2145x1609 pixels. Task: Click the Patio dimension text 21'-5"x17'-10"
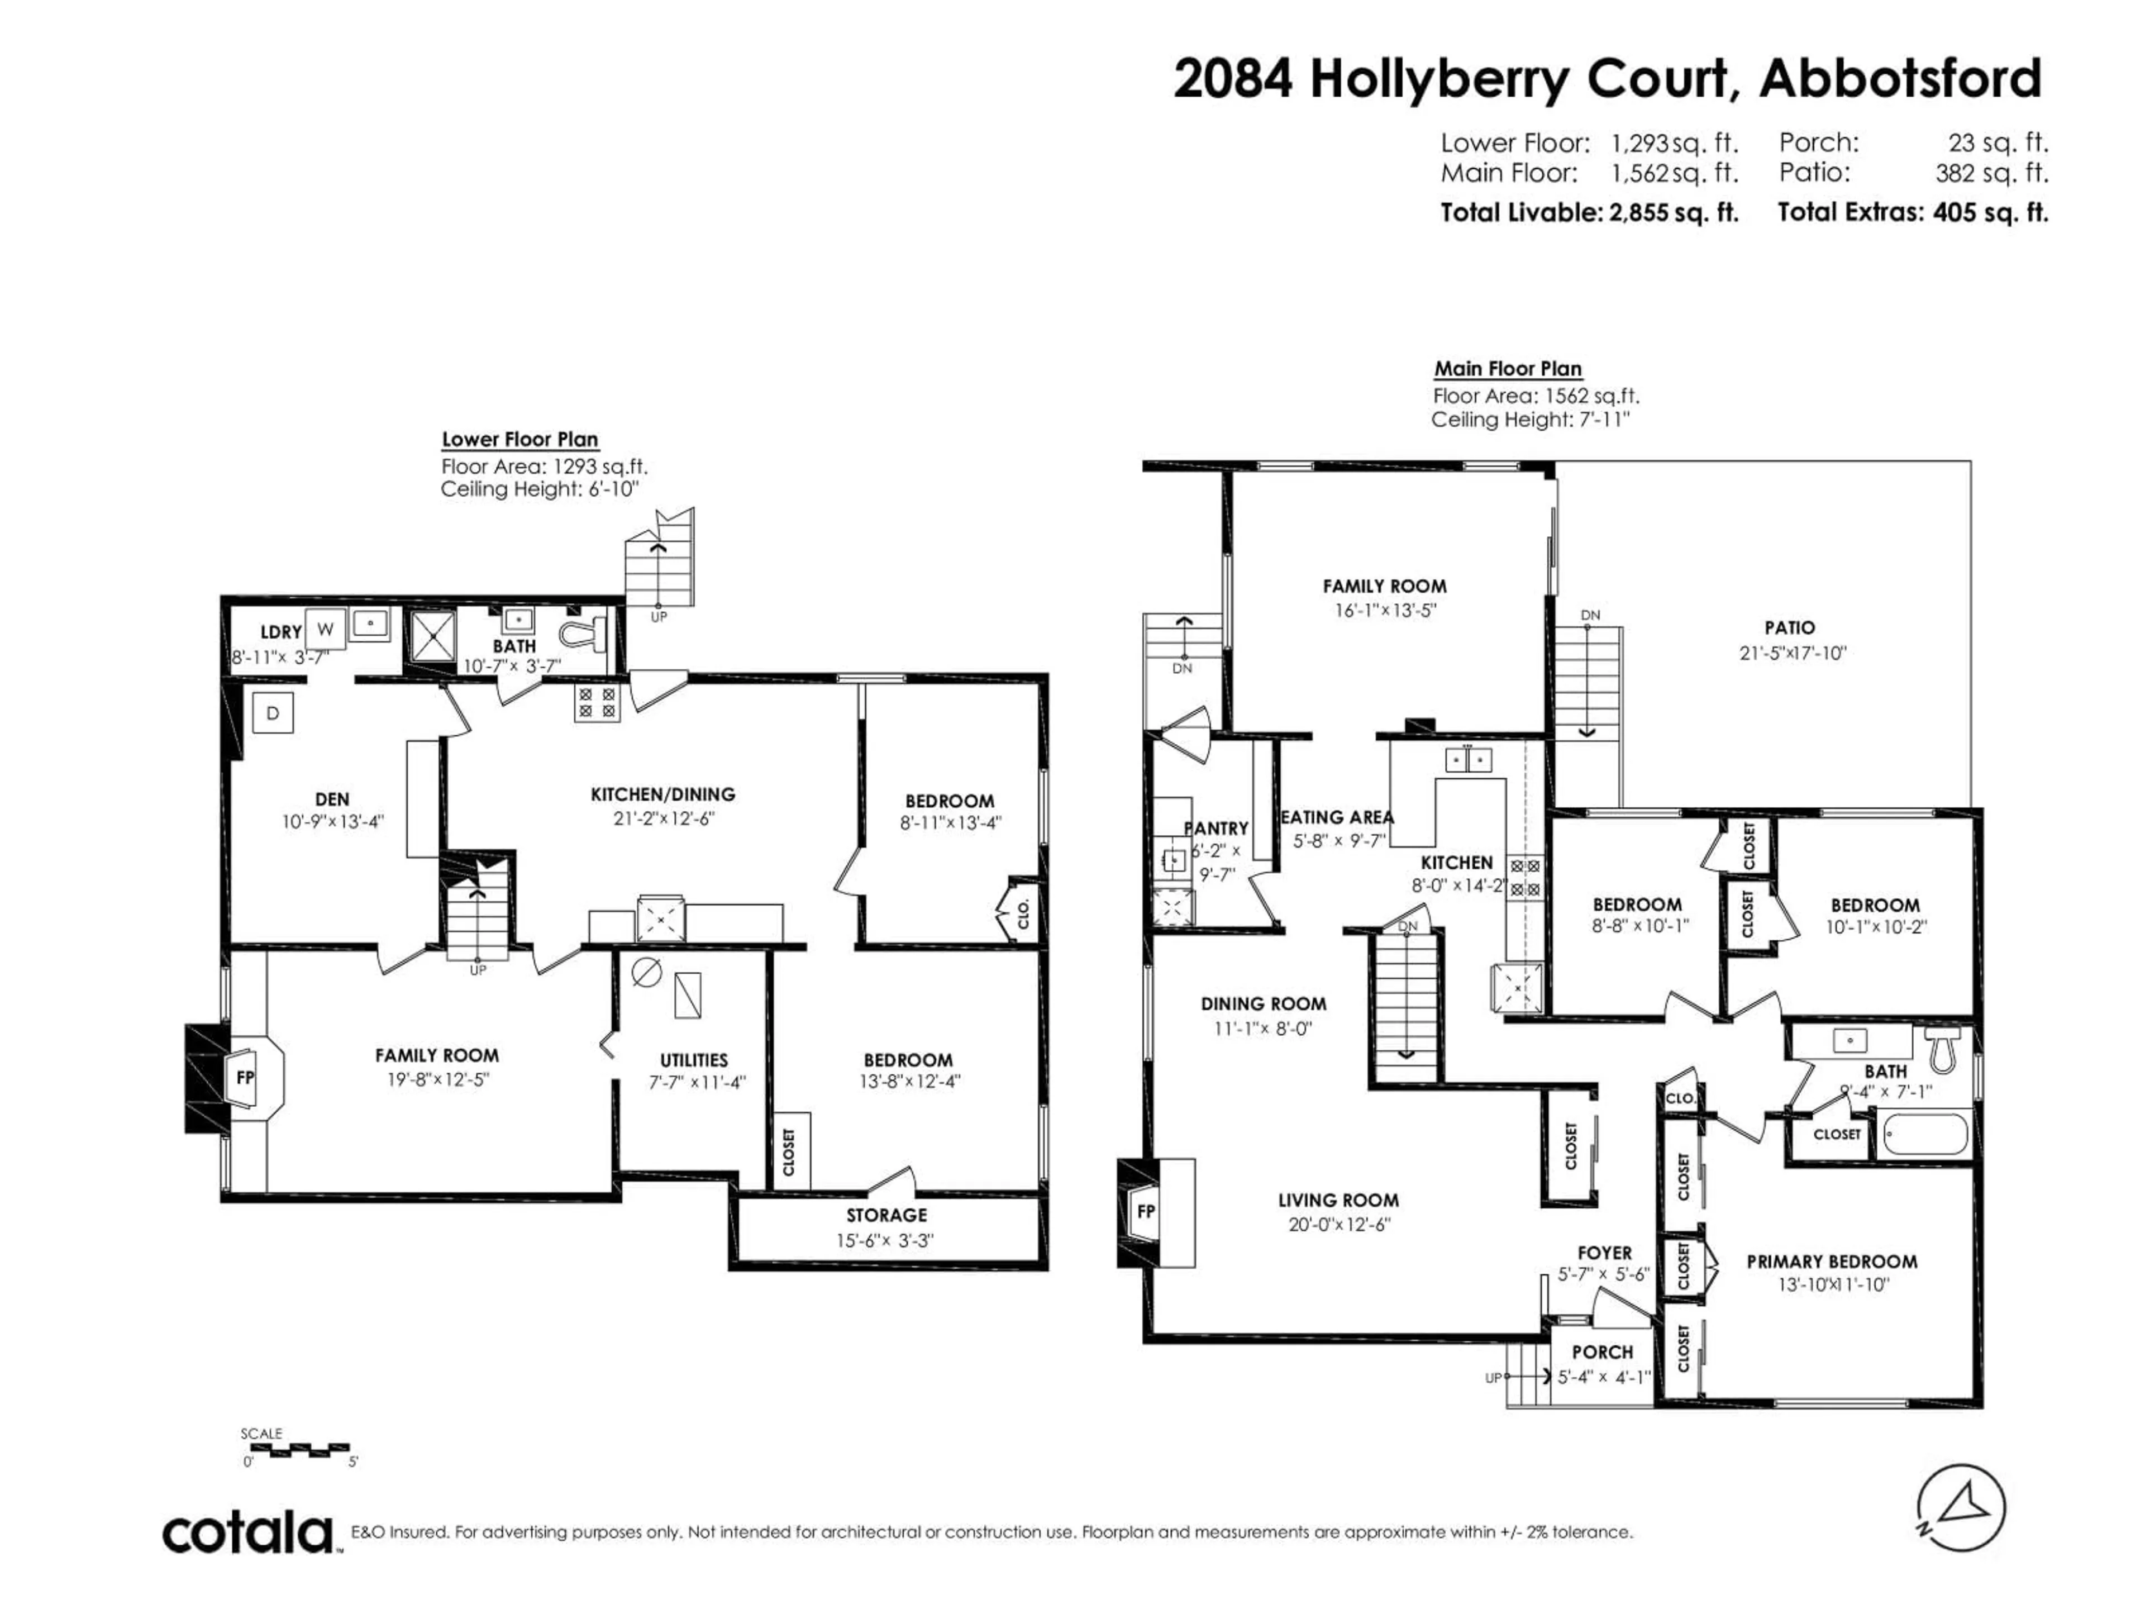click(x=1792, y=653)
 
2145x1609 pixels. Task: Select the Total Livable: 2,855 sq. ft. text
click(x=1589, y=212)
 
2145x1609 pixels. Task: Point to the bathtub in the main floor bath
click(x=1925, y=1134)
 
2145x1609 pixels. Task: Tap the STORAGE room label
click(x=886, y=1215)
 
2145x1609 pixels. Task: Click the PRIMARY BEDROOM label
click(x=1832, y=1262)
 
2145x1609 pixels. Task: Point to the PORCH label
click(x=1602, y=1352)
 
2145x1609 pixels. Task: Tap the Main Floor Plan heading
click(x=1508, y=369)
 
